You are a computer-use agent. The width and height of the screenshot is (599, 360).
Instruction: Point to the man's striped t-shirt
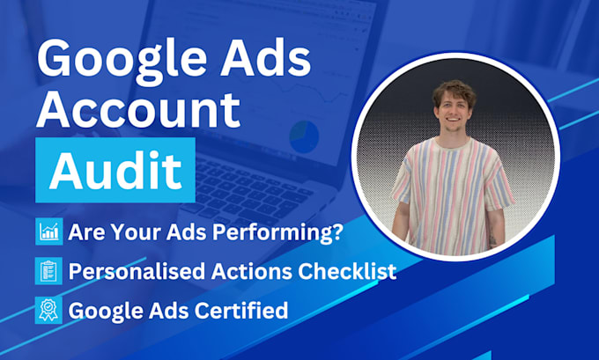tap(450, 190)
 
